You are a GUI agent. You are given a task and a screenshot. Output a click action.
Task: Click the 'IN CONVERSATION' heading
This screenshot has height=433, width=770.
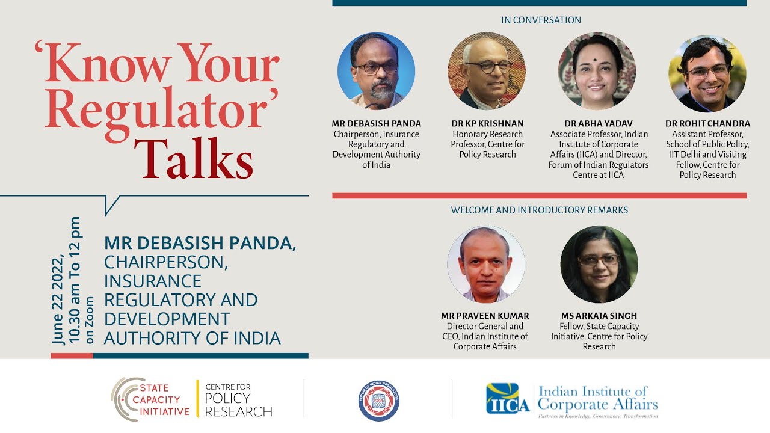[x=541, y=20]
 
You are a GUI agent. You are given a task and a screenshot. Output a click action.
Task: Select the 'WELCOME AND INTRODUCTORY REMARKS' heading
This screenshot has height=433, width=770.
[x=540, y=210]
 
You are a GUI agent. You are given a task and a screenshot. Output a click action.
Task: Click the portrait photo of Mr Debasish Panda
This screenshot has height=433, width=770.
[x=376, y=71]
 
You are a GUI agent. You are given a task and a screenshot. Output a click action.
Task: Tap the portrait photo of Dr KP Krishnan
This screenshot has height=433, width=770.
[x=487, y=71]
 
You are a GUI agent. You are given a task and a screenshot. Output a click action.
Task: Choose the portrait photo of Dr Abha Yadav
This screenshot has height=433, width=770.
[x=597, y=71]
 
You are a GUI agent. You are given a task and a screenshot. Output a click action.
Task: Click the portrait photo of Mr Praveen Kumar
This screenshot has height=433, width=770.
[x=485, y=265]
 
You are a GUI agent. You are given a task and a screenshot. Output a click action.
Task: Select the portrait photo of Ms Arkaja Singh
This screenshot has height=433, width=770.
[x=599, y=265]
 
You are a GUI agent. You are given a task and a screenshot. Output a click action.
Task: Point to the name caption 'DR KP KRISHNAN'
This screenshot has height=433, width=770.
[x=487, y=124]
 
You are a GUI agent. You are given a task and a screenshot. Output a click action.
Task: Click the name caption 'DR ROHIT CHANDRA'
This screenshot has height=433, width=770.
[x=707, y=124]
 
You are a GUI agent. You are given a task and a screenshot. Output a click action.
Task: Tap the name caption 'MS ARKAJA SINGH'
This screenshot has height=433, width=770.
[x=599, y=316]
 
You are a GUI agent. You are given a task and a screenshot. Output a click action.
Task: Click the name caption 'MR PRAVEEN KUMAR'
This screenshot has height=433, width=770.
[x=485, y=316]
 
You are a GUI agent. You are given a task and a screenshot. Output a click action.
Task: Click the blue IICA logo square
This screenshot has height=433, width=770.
[x=508, y=399]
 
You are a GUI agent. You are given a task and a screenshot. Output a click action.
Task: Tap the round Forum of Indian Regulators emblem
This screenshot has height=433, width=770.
[x=379, y=401]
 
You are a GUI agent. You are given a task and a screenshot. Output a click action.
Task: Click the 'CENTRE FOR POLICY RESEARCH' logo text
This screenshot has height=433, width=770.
[x=238, y=400]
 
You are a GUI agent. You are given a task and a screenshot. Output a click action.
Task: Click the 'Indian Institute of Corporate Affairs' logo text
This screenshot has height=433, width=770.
[x=597, y=398]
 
